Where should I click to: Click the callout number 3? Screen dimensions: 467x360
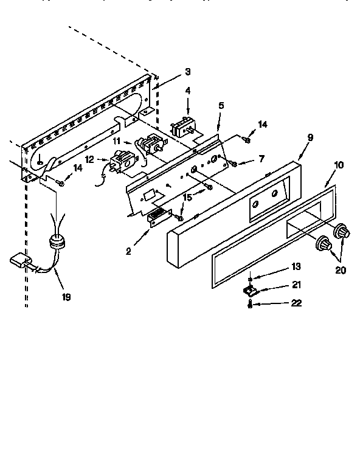coord(188,72)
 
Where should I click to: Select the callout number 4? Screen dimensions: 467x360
coord(188,92)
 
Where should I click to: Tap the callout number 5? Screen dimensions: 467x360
coord(221,105)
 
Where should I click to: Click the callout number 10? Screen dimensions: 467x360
coord(339,165)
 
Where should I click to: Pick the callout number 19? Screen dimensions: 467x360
coord(66,297)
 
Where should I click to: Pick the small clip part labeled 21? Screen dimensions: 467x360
coord(250,289)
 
